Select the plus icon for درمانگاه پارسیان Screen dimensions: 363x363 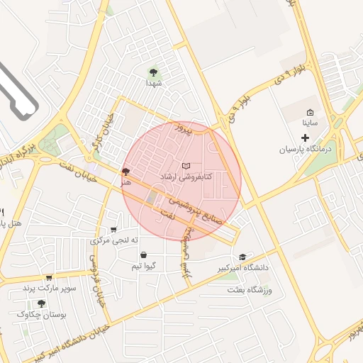[306, 136]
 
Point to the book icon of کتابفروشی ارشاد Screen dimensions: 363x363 [186, 165]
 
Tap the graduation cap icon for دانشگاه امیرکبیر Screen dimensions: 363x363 [242, 257]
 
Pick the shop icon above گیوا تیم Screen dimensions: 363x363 [143, 255]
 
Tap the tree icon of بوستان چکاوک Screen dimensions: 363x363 [42, 303]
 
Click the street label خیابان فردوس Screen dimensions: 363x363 [96, 280]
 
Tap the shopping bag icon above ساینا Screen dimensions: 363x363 [311, 112]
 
